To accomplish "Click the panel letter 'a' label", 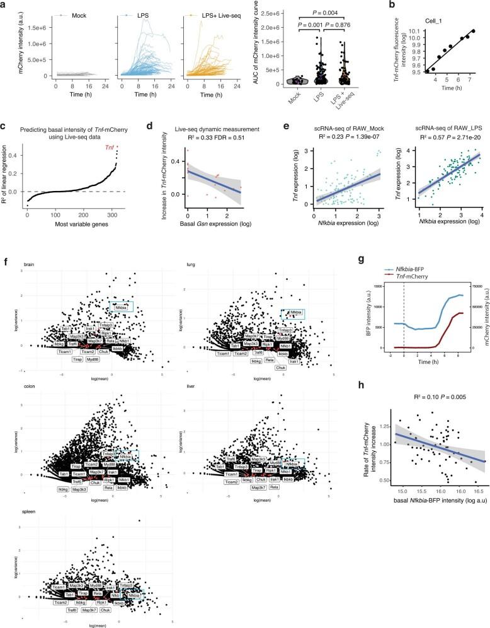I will coord(4,5).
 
